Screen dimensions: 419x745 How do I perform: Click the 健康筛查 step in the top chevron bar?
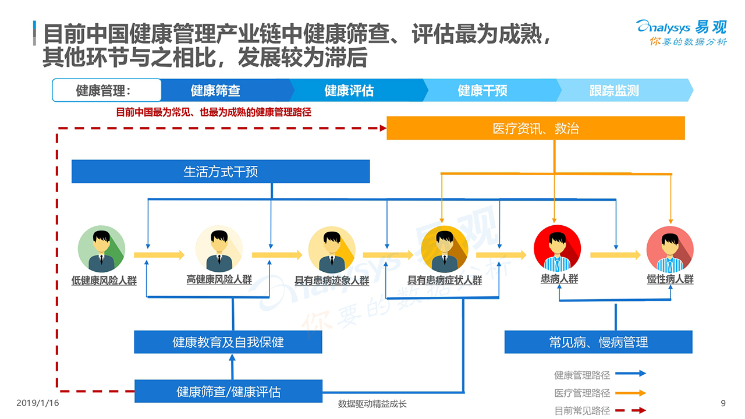click(215, 91)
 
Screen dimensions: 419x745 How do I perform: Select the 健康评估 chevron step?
click(349, 91)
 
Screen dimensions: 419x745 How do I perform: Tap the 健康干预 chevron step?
click(483, 91)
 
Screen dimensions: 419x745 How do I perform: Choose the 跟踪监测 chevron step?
click(615, 91)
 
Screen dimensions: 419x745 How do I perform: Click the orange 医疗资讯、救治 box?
click(535, 128)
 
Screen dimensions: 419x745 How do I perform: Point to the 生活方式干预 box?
click(221, 172)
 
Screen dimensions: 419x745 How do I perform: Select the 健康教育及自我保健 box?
click(228, 342)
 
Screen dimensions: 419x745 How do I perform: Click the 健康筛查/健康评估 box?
click(228, 392)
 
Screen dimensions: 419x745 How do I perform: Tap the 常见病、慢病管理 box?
click(598, 342)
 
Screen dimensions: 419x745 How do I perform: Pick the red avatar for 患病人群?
click(557, 249)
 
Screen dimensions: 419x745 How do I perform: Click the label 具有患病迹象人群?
click(332, 280)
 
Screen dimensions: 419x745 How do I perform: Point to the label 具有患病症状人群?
click(445, 280)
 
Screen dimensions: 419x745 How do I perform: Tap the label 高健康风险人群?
click(219, 279)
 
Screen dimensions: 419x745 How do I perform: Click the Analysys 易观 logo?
click(682, 32)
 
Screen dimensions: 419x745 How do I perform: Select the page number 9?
click(723, 403)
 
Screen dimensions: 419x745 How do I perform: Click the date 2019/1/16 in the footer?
click(38, 403)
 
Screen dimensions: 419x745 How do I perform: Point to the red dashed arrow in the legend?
click(630, 410)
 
